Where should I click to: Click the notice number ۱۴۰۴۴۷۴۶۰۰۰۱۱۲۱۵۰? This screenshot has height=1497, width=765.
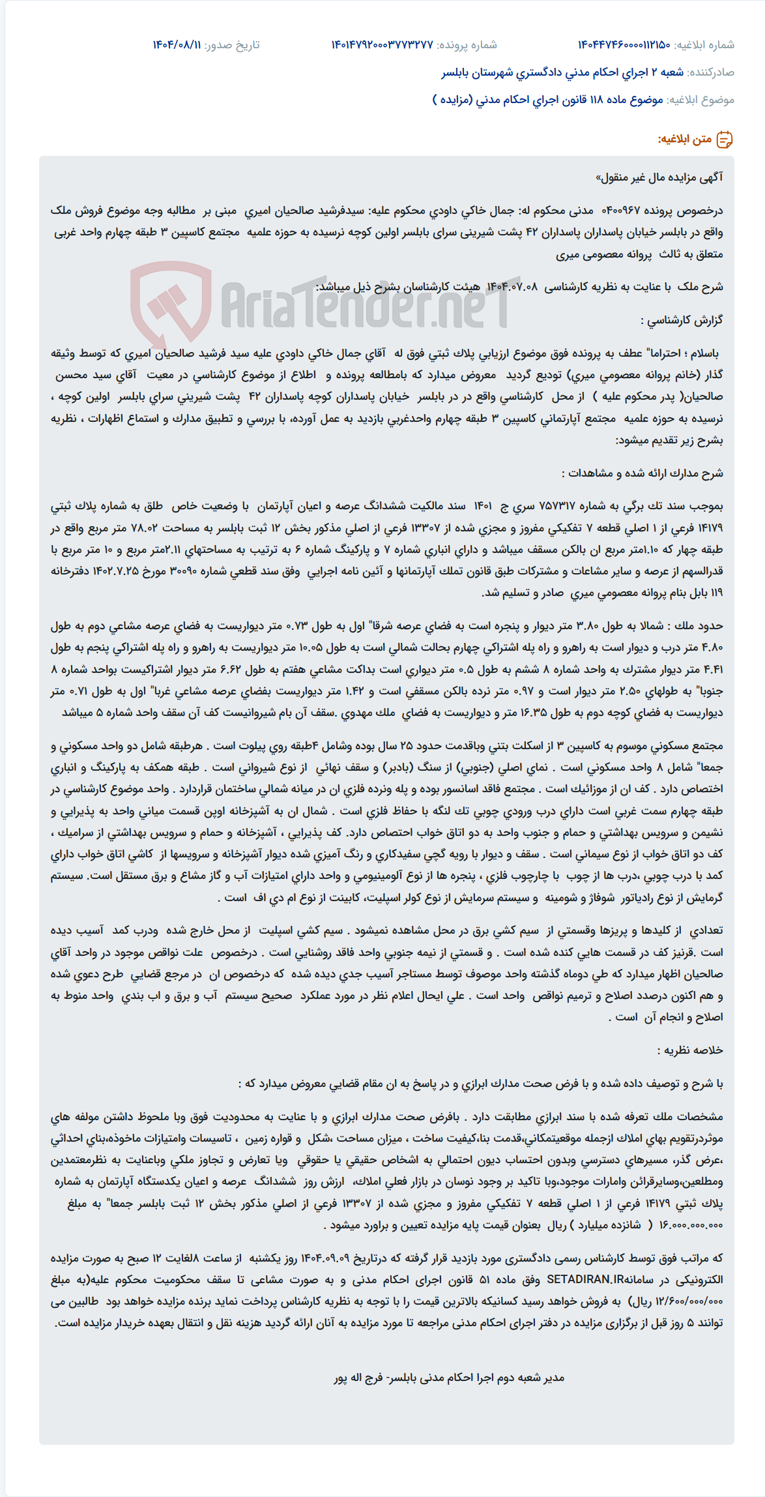coord(624,45)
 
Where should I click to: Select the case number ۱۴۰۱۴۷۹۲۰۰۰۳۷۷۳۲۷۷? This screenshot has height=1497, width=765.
coord(382,45)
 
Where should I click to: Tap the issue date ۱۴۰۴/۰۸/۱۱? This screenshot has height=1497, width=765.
coord(177,45)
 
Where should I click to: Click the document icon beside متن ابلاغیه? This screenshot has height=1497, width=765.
coord(724,140)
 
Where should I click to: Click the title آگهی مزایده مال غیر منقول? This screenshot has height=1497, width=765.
coord(659,177)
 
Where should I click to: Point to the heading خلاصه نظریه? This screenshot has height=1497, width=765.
coord(689,1050)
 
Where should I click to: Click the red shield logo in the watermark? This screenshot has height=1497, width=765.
coord(171,304)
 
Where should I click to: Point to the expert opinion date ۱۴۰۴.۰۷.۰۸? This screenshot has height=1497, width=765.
coord(512,287)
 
